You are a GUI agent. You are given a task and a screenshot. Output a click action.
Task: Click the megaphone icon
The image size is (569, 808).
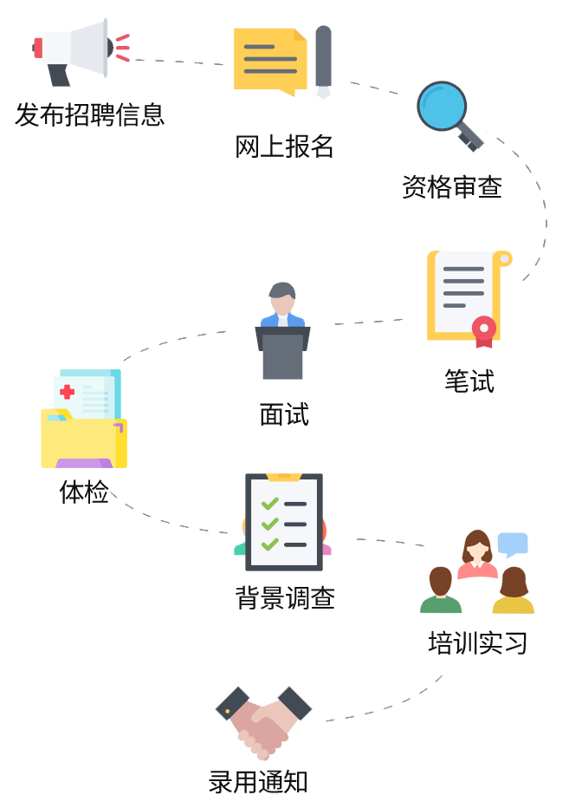pyautogui.click(x=77, y=51)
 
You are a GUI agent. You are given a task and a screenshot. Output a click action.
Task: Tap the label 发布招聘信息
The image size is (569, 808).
pyautogui.click(x=89, y=114)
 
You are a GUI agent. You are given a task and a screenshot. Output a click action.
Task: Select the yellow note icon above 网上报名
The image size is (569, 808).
pyautogui.click(x=270, y=62)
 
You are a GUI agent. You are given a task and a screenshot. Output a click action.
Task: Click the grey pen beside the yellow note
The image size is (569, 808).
pyautogui.click(x=323, y=61)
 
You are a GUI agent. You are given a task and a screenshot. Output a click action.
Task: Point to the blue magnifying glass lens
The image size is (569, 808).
pyautogui.click(x=442, y=107)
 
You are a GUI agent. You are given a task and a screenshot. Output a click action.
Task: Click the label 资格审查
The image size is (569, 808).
pyautogui.click(x=451, y=186)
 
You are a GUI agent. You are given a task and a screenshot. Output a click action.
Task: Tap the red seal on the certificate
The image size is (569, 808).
pyautogui.click(x=483, y=330)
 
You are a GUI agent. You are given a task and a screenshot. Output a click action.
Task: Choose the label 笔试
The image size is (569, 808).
pyautogui.click(x=469, y=381)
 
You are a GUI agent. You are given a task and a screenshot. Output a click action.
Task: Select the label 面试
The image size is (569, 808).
pyautogui.click(x=284, y=414)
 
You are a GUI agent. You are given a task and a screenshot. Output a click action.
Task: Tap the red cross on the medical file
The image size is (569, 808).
pyautogui.click(x=67, y=392)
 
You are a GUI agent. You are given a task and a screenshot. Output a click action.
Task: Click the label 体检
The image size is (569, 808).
pyautogui.click(x=84, y=492)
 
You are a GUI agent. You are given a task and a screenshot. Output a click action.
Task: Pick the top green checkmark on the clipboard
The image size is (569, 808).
pyautogui.click(x=270, y=504)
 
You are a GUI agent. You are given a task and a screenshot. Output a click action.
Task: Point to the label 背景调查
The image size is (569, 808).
pyautogui.click(x=285, y=597)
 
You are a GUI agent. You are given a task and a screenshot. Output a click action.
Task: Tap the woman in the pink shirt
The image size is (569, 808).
pyautogui.click(x=477, y=555)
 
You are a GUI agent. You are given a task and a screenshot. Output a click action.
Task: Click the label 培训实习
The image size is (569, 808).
pyautogui.click(x=478, y=643)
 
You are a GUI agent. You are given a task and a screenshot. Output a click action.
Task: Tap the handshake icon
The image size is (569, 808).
pyautogui.click(x=263, y=722)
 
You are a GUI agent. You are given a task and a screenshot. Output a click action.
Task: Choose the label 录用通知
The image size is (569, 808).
pyautogui.click(x=258, y=782)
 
